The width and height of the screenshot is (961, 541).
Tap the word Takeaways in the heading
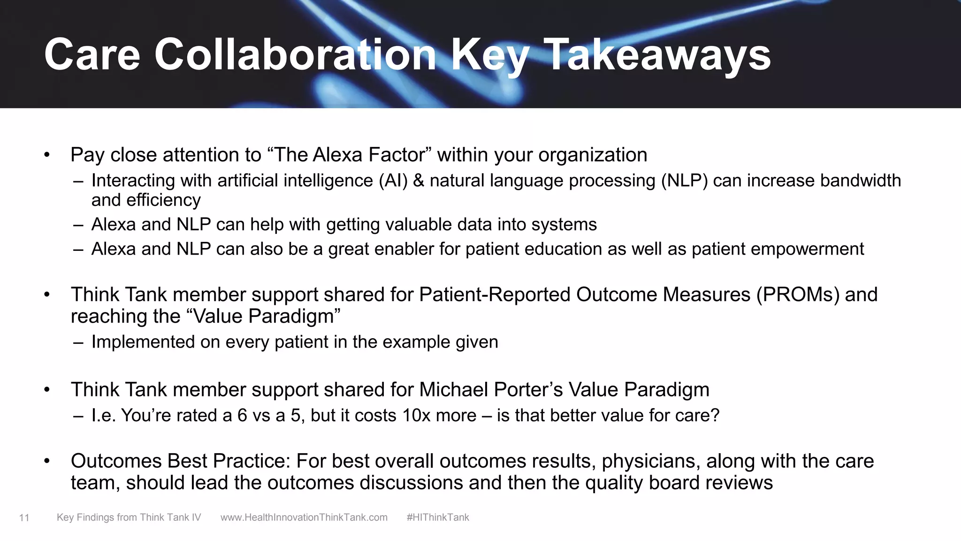pos(657,55)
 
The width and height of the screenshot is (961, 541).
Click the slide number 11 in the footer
pos(24,518)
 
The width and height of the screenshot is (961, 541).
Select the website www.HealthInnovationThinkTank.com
pos(304,518)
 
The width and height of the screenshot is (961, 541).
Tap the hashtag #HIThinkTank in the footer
pos(438,518)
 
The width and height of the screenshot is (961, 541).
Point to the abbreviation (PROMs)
pos(798,295)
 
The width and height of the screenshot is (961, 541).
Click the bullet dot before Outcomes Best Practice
pos(47,461)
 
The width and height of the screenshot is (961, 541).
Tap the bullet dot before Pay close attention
pos(47,155)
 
